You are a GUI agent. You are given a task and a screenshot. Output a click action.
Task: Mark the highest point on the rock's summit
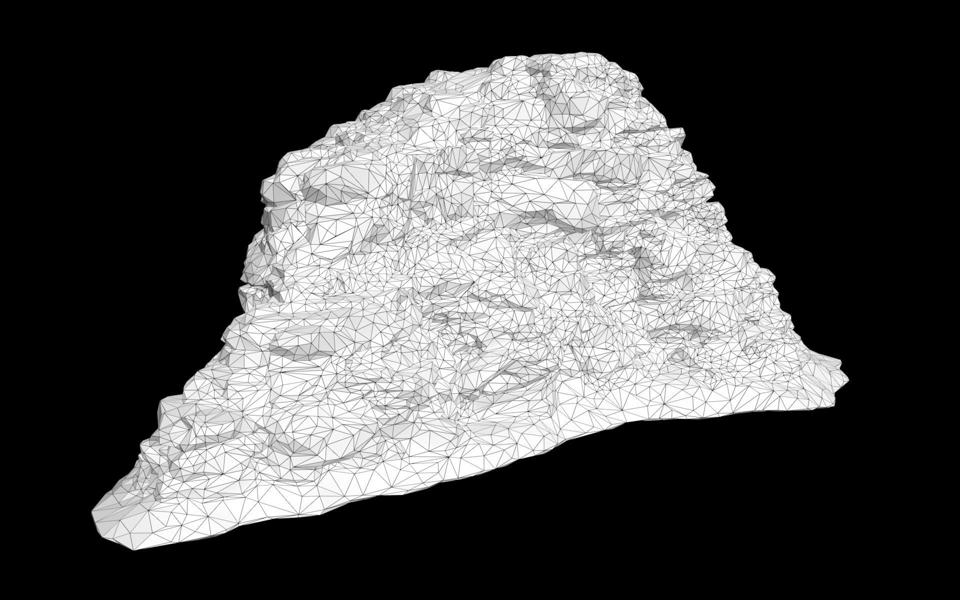pos(590,52)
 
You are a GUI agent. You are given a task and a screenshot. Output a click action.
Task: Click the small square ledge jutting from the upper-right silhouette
pos(678,132)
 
